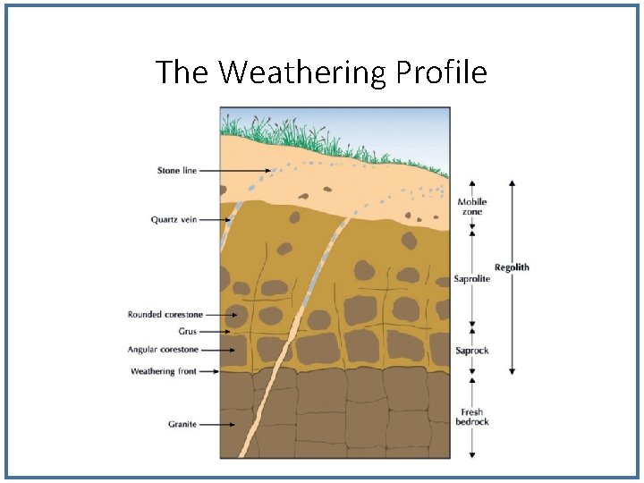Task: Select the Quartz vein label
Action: click(x=174, y=219)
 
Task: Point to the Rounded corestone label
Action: click(x=165, y=315)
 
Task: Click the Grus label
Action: click(x=187, y=332)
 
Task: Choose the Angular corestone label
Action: click(x=163, y=350)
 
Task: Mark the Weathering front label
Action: click(x=164, y=371)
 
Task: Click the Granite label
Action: click(x=182, y=424)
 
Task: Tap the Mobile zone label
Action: click(x=472, y=207)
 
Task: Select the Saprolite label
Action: click(x=471, y=279)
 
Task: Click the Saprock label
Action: click(x=472, y=351)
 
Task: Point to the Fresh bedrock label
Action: click(x=472, y=417)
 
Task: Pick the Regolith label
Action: click(x=512, y=267)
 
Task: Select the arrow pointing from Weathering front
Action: click(x=211, y=371)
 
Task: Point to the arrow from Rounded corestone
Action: click(x=224, y=315)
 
